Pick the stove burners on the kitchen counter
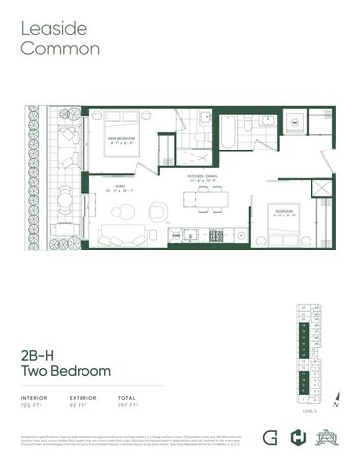[216, 235]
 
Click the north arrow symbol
[337, 394]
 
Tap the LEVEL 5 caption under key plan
[311, 412]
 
